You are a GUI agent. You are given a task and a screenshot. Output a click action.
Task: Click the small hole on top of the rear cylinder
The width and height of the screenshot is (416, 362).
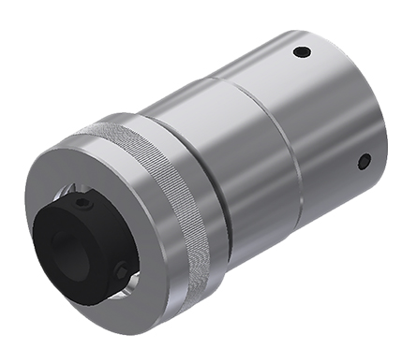301,51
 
